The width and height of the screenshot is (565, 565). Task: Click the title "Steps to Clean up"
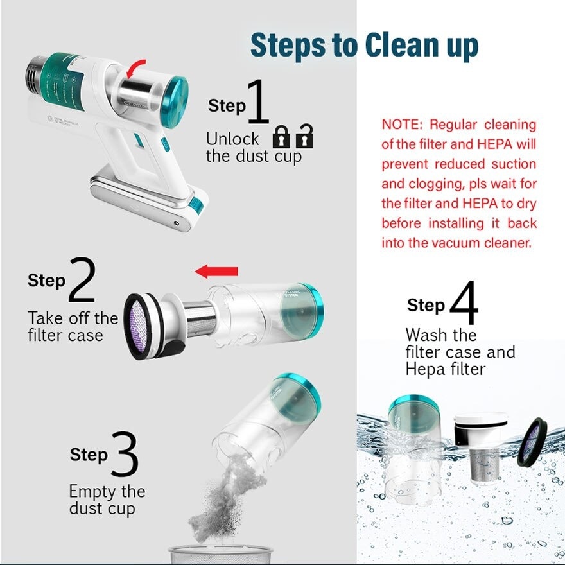(364, 46)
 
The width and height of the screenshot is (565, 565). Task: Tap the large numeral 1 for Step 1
(257, 101)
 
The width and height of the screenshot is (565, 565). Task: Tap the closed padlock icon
(281, 136)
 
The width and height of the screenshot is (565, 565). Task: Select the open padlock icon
(304, 135)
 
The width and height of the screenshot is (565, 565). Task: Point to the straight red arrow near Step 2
(216, 272)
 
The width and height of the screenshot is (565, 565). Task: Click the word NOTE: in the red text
(403, 125)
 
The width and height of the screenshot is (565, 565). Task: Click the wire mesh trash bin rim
(220, 551)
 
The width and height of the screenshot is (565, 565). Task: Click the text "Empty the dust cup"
(107, 500)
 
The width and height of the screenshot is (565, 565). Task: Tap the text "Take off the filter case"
(73, 326)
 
